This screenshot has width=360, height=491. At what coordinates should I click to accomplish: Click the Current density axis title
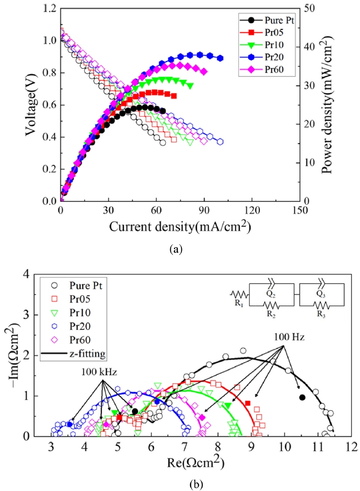(180, 226)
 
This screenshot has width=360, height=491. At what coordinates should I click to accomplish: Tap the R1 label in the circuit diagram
(240, 307)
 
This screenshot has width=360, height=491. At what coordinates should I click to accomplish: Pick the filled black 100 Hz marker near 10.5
(302, 398)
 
